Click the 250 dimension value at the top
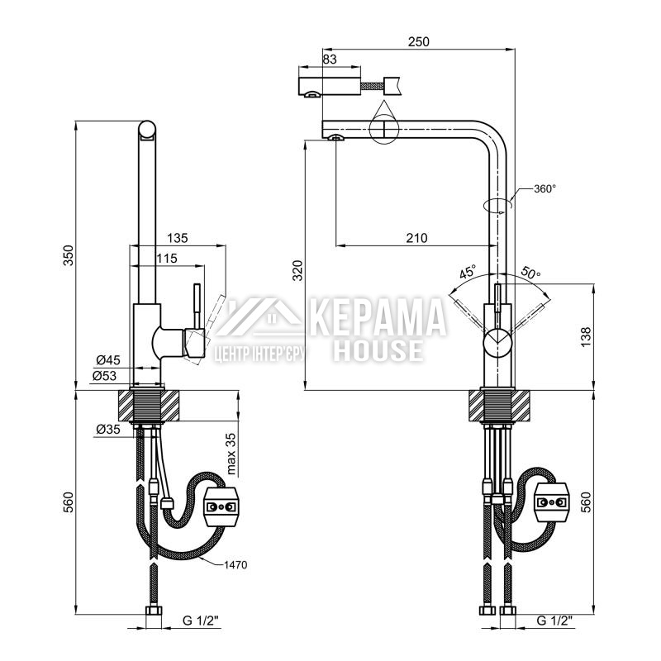point(419,42)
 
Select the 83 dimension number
point(330,59)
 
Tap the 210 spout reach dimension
point(416,238)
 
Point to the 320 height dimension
point(298,271)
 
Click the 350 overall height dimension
point(69,255)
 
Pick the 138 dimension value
point(587,337)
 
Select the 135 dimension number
point(178,238)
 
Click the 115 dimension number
point(167,259)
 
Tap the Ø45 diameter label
point(108,360)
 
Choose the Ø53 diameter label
point(105,375)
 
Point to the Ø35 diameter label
point(108,429)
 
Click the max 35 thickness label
point(231,454)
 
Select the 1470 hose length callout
point(235,565)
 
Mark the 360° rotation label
point(544,189)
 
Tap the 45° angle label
point(467,272)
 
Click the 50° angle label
point(530,273)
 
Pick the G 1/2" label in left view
point(201,621)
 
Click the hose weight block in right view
point(552,502)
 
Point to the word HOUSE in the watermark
point(378,350)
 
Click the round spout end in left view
point(147,130)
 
